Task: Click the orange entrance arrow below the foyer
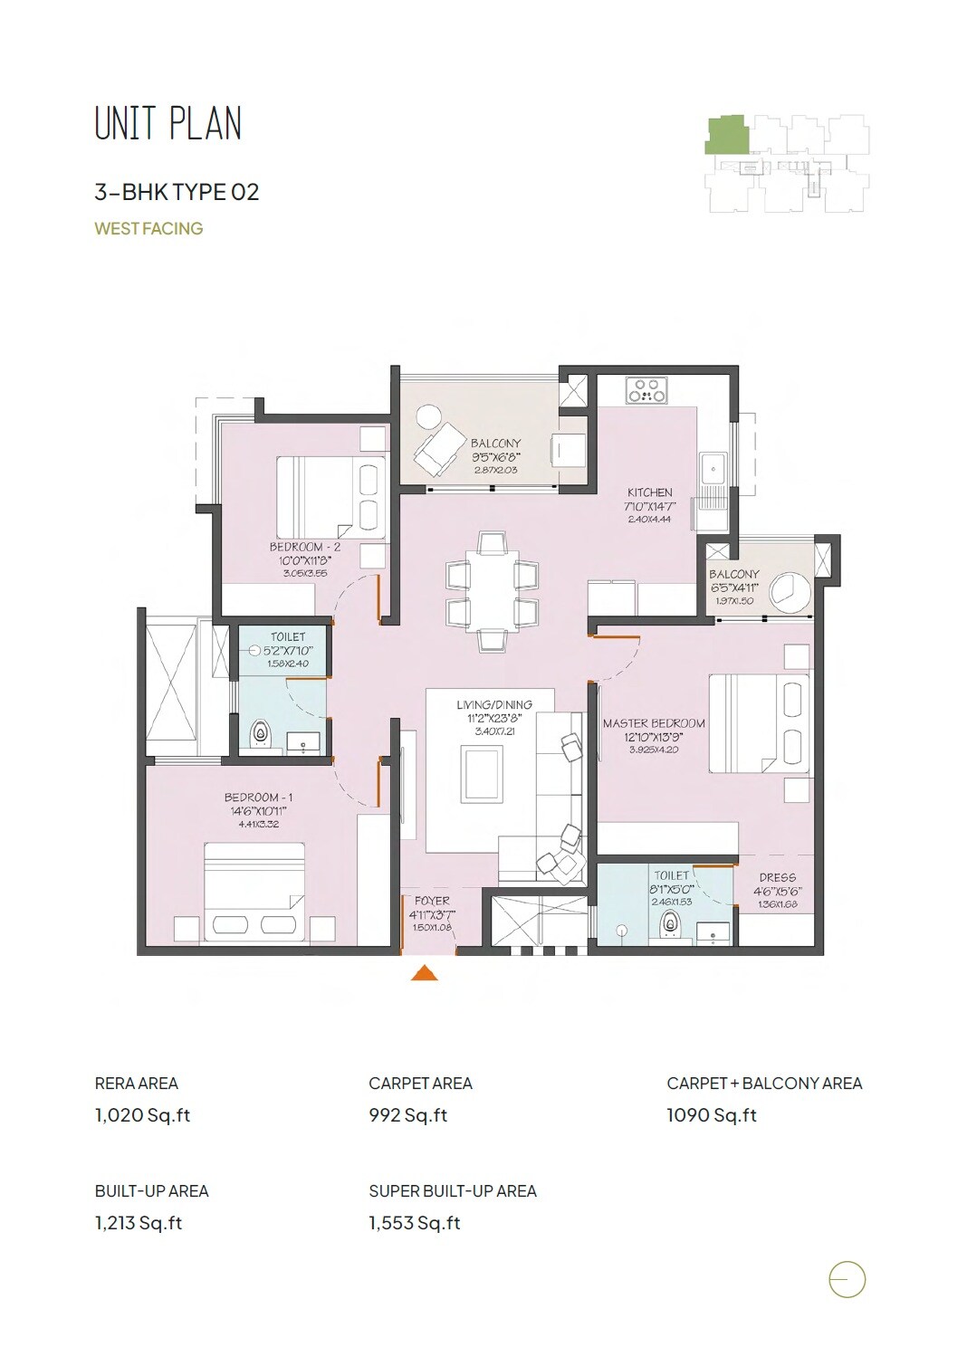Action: pyautogui.click(x=425, y=973)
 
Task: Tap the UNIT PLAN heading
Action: pyautogui.click(x=168, y=124)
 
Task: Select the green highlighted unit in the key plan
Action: pyautogui.click(x=727, y=135)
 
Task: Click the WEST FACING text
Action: pyautogui.click(x=148, y=229)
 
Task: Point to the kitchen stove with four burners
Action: pyautogui.click(x=646, y=390)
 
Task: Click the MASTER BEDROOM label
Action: pyautogui.click(x=654, y=723)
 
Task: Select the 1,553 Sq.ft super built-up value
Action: pyautogui.click(x=415, y=1223)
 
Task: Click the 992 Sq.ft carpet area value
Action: pyautogui.click(x=408, y=1115)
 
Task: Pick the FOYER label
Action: pyautogui.click(x=432, y=901)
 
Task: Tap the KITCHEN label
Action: pyautogui.click(x=650, y=492)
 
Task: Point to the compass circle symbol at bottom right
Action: pyautogui.click(x=847, y=1280)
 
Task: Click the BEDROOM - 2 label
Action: pyautogui.click(x=305, y=547)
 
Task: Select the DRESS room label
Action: pyautogui.click(x=778, y=877)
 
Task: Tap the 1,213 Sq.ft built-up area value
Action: pyautogui.click(x=139, y=1223)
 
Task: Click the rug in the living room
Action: pyautogui.click(x=482, y=774)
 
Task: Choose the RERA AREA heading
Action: pyautogui.click(x=137, y=1084)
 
